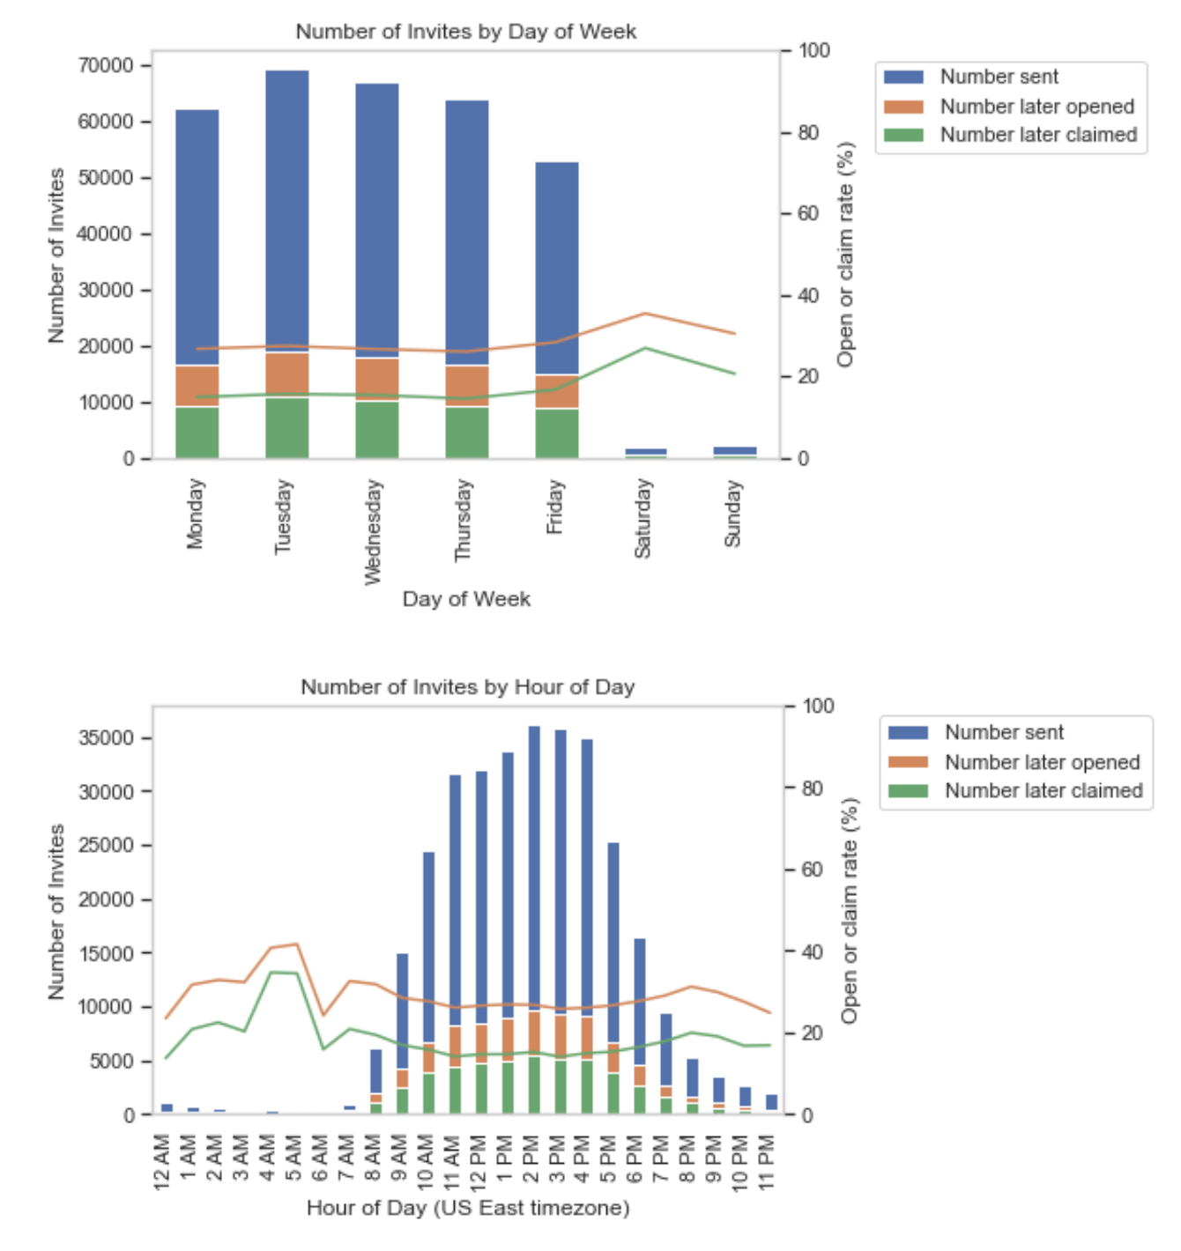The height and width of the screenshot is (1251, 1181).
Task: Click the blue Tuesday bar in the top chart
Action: click(x=287, y=211)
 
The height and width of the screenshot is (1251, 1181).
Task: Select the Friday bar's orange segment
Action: click(x=557, y=392)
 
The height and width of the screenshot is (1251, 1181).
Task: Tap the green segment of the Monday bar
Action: click(x=197, y=432)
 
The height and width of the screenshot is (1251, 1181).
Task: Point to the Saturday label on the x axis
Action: click(x=643, y=518)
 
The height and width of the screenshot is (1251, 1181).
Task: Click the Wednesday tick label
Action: click(x=374, y=531)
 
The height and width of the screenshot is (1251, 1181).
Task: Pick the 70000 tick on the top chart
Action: click(x=107, y=65)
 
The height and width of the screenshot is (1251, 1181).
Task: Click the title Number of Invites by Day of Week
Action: click(x=465, y=32)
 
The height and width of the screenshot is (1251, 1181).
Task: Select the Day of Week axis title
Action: click(x=466, y=599)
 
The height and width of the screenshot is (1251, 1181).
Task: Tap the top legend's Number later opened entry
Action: click(x=1036, y=107)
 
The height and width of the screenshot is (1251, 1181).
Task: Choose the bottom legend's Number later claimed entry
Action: click(x=1043, y=791)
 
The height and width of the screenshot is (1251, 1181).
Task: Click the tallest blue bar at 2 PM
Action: click(x=534, y=863)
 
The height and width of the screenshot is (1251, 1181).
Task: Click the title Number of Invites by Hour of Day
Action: click(x=467, y=687)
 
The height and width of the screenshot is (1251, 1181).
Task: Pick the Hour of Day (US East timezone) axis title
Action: click(x=468, y=1208)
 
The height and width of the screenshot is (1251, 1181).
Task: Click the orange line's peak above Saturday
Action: click(x=645, y=314)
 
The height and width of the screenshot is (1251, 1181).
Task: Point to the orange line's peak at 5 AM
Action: click(x=297, y=944)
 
